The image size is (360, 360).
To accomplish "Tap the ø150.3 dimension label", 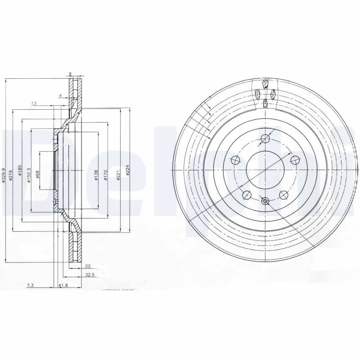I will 29,173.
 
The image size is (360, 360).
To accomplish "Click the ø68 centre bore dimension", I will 38,173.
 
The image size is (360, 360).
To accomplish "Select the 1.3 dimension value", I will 34,103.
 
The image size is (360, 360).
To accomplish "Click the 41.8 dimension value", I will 63,285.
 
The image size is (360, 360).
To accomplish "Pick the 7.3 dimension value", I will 31,285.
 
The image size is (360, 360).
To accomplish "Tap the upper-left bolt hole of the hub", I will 234,159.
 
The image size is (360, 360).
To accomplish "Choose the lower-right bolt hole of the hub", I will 284,195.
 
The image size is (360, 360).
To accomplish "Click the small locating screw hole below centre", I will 265,201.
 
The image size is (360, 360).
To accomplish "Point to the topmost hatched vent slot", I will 265,84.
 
